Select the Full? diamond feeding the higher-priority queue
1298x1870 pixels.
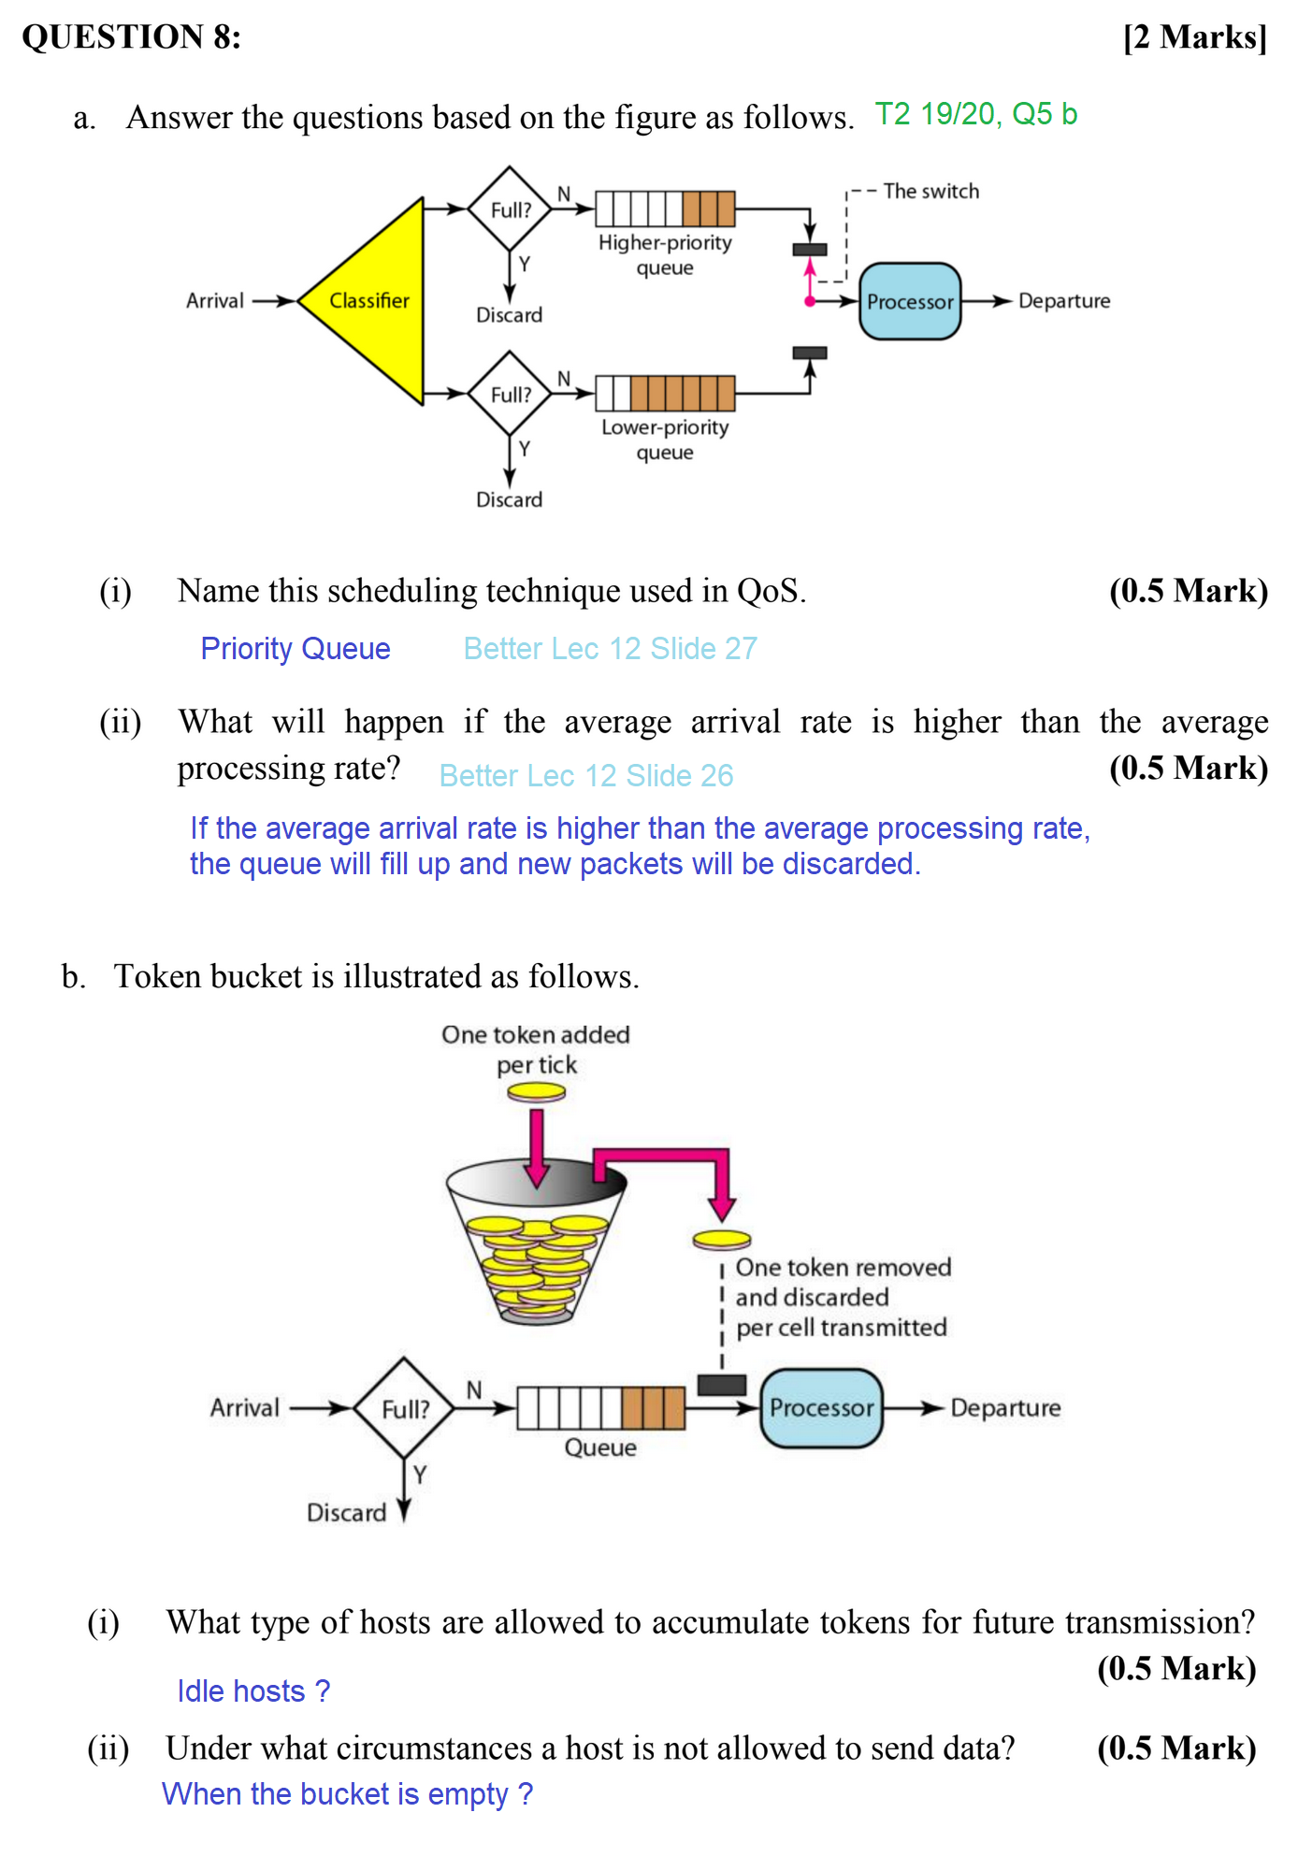pyautogui.click(x=510, y=209)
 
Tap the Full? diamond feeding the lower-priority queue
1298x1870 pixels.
pyautogui.click(x=510, y=394)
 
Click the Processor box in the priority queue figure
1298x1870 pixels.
pyautogui.click(x=909, y=301)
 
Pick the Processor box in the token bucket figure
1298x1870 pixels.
pyautogui.click(x=821, y=1408)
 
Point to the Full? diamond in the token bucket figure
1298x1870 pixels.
pyautogui.click(x=404, y=1408)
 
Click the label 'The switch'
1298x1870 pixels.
pyautogui.click(x=930, y=191)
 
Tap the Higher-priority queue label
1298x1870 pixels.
pyautogui.click(x=665, y=254)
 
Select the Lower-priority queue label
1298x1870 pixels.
pyautogui.click(x=665, y=439)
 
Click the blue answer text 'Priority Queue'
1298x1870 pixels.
pyautogui.click(x=296, y=648)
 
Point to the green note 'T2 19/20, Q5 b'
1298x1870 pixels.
pyautogui.click(x=975, y=114)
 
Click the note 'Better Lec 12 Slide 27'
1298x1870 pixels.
pyautogui.click(x=610, y=648)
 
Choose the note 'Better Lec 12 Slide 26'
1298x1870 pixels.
pyautogui.click(x=586, y=775)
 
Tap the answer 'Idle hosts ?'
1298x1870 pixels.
pyautogui.click(x=253, y=1690)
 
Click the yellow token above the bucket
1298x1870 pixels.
pyautogui.click(x=537, y=1091)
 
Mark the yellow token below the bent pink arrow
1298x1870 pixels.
pyautogui.click(x=722, y=1240)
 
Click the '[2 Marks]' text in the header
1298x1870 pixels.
pyautogui.click(x=1194, y=37)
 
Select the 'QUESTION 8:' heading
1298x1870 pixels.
pyautogui.click(x=132, y=37)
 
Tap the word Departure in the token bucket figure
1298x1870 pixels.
pyautogui.click(x=1005, y=1408)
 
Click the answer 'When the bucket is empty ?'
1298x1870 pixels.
pyautogui.click(x=347, y=1793)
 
